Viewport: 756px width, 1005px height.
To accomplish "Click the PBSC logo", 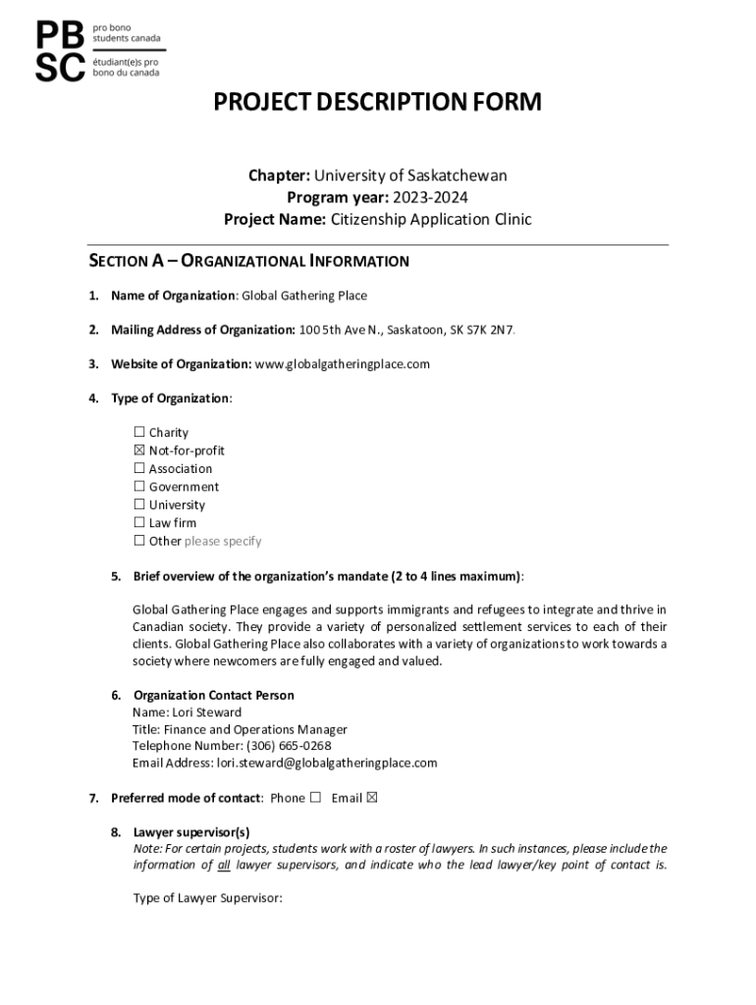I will coord(99,50).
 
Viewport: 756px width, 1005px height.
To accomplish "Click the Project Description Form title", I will coord(378,102).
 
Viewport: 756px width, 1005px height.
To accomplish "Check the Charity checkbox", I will coord(138,433).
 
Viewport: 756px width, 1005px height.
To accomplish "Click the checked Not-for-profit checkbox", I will coord(138,450).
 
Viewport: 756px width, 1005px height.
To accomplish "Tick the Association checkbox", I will coord(138,469).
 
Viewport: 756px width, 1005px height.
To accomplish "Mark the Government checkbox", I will coord(138,487).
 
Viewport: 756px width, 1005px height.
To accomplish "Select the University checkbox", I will coord(138,505).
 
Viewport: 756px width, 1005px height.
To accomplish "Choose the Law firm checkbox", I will coord(138,523).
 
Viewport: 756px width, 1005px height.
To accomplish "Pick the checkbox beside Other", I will coord(138,541).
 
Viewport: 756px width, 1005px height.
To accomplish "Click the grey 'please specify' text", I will coord(223,541).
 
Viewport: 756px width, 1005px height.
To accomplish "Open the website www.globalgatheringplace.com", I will coord(343,364).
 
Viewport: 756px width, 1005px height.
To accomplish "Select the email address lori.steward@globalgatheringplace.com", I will coord(326,763).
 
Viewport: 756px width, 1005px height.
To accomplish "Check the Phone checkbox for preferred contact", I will coord(315,798).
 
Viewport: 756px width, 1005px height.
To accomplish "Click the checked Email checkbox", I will coord(371,798).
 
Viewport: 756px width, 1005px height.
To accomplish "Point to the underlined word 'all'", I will coord(223,865).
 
